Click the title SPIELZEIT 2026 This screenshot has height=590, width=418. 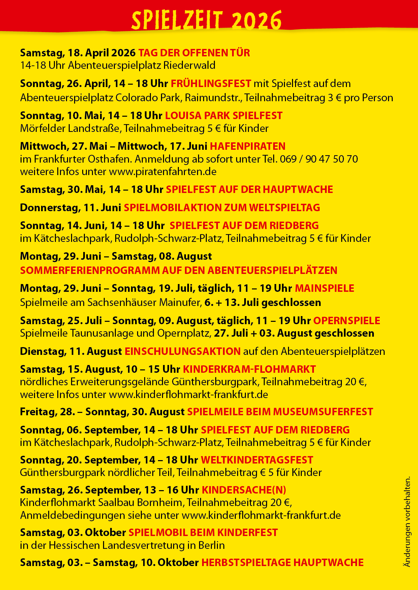click(206, 20)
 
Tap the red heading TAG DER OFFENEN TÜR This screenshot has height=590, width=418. click(194, 53)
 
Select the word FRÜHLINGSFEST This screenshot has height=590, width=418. click(211, 84)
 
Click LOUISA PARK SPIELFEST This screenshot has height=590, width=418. click(224, 116)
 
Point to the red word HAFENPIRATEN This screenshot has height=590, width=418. click(248, 146)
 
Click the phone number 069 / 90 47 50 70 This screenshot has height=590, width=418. click(319, 159)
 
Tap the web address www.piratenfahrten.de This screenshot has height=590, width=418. click(163, 172)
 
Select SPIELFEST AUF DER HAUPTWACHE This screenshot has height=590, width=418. click(249, 190)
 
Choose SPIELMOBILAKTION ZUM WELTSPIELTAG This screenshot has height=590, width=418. click(222, 208)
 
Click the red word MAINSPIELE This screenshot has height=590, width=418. click(324, 288)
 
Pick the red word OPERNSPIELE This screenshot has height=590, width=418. click(347, 321)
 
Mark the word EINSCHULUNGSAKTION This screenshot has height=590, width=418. click(183, 352)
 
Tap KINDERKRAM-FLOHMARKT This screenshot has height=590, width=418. click(249, 369)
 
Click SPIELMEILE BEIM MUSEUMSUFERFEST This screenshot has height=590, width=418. click(280, 412)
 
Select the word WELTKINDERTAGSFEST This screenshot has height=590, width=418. click(257, 460)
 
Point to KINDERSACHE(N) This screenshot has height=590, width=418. click(244, 490)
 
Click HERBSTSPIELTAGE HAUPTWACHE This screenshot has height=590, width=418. click(282, 563)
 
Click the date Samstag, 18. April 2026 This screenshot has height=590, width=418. click(78, 53)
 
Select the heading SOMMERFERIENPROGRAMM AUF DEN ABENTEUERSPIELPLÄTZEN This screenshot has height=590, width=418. click(179, 271)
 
